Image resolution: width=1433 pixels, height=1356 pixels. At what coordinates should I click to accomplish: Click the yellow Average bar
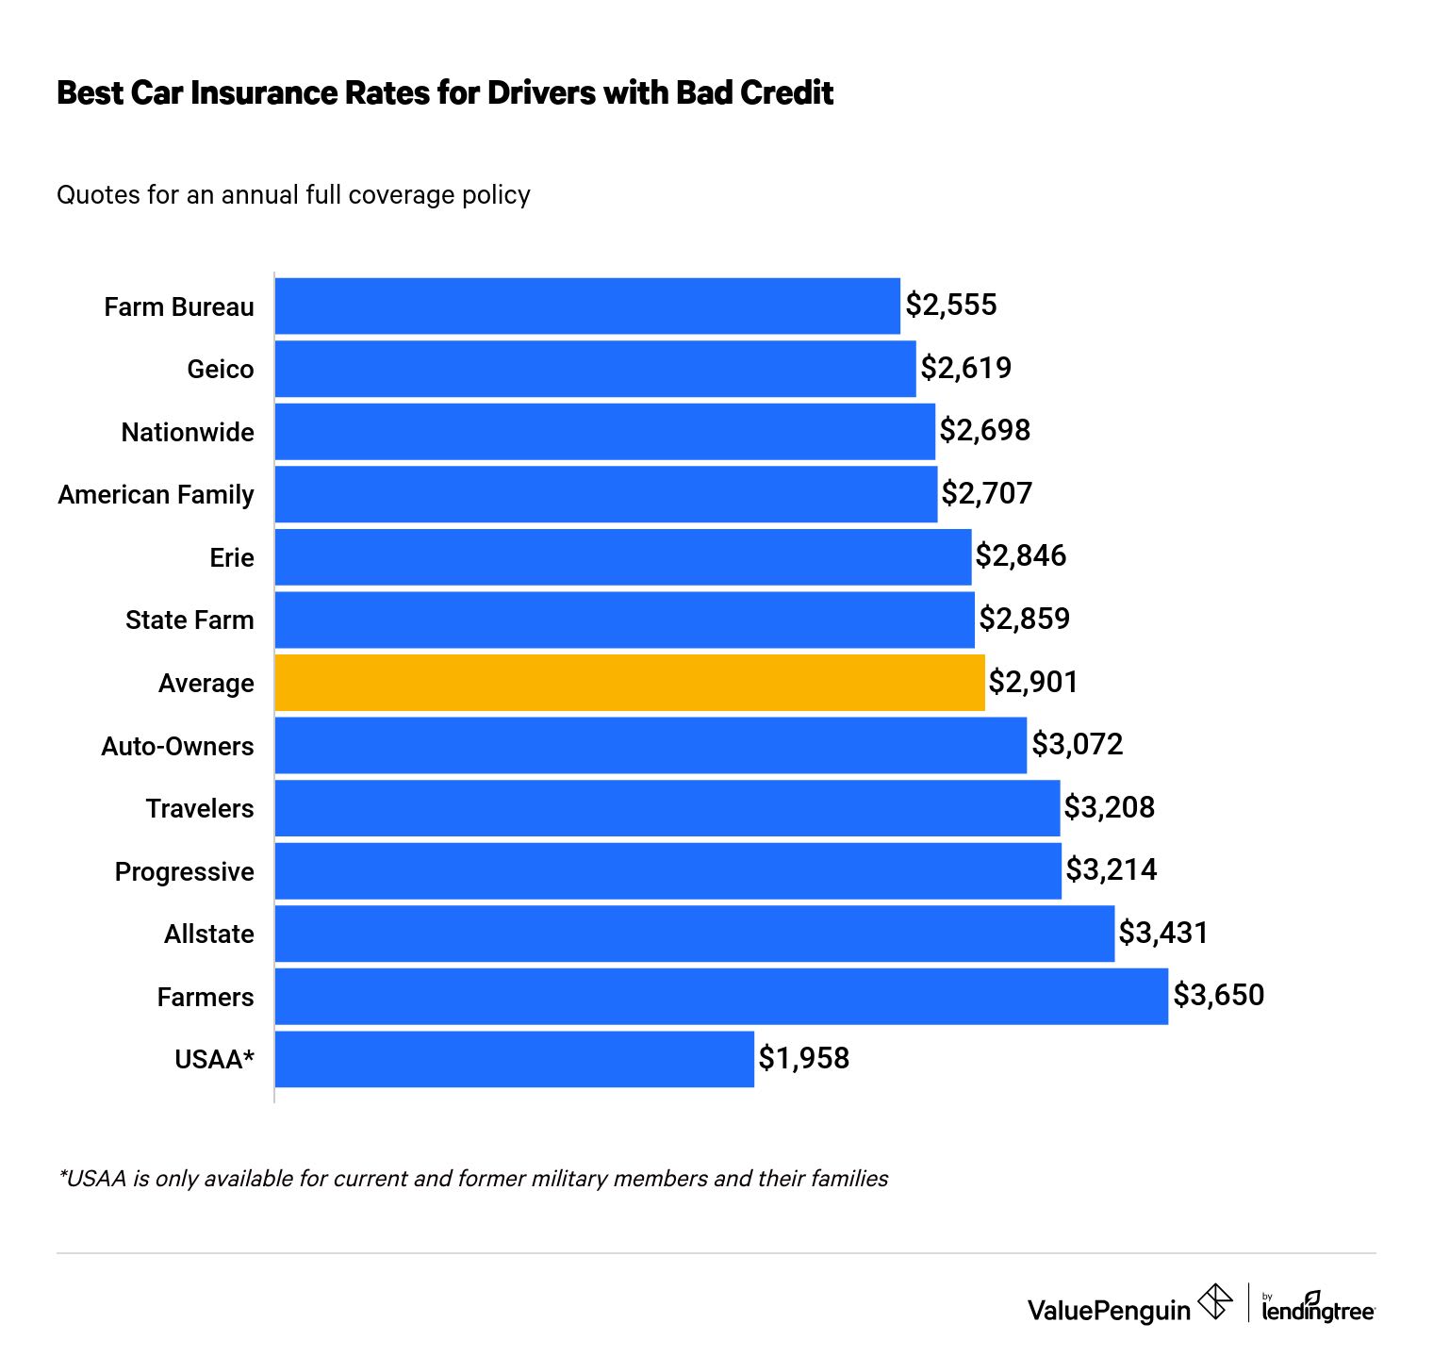(x=630, y=683)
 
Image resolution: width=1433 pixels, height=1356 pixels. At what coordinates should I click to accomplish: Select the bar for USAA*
(x=514, y=1059)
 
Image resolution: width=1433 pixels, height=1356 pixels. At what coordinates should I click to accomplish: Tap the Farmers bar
(x=721, y=997)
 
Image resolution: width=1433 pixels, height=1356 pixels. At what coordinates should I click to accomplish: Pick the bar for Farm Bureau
(x=587, y=306)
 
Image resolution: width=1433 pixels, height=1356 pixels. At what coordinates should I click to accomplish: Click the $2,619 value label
(x=965, y=368)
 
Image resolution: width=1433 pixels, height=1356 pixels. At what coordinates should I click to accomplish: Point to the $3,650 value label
(x=1218, y=996)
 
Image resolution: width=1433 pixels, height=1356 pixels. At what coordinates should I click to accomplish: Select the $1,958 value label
(x=804, y=1059)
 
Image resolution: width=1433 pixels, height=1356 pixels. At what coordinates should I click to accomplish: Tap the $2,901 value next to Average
(x=1032, y=682)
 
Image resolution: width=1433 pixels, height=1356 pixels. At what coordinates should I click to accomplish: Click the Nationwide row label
(x=188, y=433)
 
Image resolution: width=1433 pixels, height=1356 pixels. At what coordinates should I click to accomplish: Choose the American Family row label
(x=156, y=495)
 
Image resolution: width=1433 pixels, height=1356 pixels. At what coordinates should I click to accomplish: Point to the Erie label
(x=232, y=558)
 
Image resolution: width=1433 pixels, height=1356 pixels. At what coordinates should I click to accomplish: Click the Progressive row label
(x=185, y=872)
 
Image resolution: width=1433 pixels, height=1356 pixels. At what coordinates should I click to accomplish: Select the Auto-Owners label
(x=178, y=747)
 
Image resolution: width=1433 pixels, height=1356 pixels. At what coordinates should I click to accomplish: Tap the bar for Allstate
(x=694, y=934)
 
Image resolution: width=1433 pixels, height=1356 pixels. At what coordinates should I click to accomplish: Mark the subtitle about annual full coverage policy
(x=293, y=195)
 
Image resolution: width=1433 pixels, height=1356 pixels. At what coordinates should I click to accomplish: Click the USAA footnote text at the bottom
(x=472, y=1179)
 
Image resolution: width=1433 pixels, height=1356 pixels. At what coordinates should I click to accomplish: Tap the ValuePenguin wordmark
(x=1109, y=1311)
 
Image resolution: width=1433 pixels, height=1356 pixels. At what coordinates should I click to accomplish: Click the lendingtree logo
(x=1318, y=1308)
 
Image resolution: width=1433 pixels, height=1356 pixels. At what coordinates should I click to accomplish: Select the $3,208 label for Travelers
(x=1109, y=808)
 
